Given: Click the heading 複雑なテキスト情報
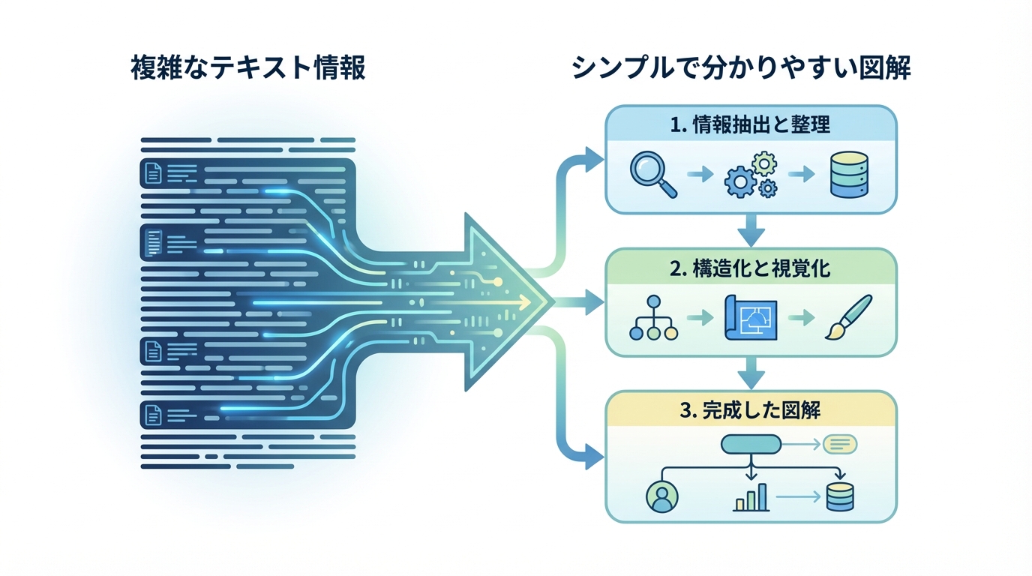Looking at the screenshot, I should [248, 68].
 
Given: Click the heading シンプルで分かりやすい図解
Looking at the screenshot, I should [740, 68].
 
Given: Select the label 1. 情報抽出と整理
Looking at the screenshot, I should [751, 124].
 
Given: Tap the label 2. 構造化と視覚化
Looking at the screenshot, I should [751, 268].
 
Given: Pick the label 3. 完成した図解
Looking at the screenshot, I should [751, 410].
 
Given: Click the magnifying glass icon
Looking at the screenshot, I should [653, 174].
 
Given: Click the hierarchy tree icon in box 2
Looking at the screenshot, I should [653, 318].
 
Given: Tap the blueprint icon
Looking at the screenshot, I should [751, 318].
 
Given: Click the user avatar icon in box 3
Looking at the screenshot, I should [661, 496].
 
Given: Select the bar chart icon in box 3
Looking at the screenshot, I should [751, 496].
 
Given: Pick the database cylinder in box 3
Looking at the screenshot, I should [839, 496].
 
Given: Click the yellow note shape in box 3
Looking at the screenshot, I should [840, 445].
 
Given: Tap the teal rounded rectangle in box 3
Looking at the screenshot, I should [751, 445].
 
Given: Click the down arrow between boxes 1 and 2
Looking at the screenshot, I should [751, 229].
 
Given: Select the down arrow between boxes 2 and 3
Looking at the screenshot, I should [751, 372].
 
